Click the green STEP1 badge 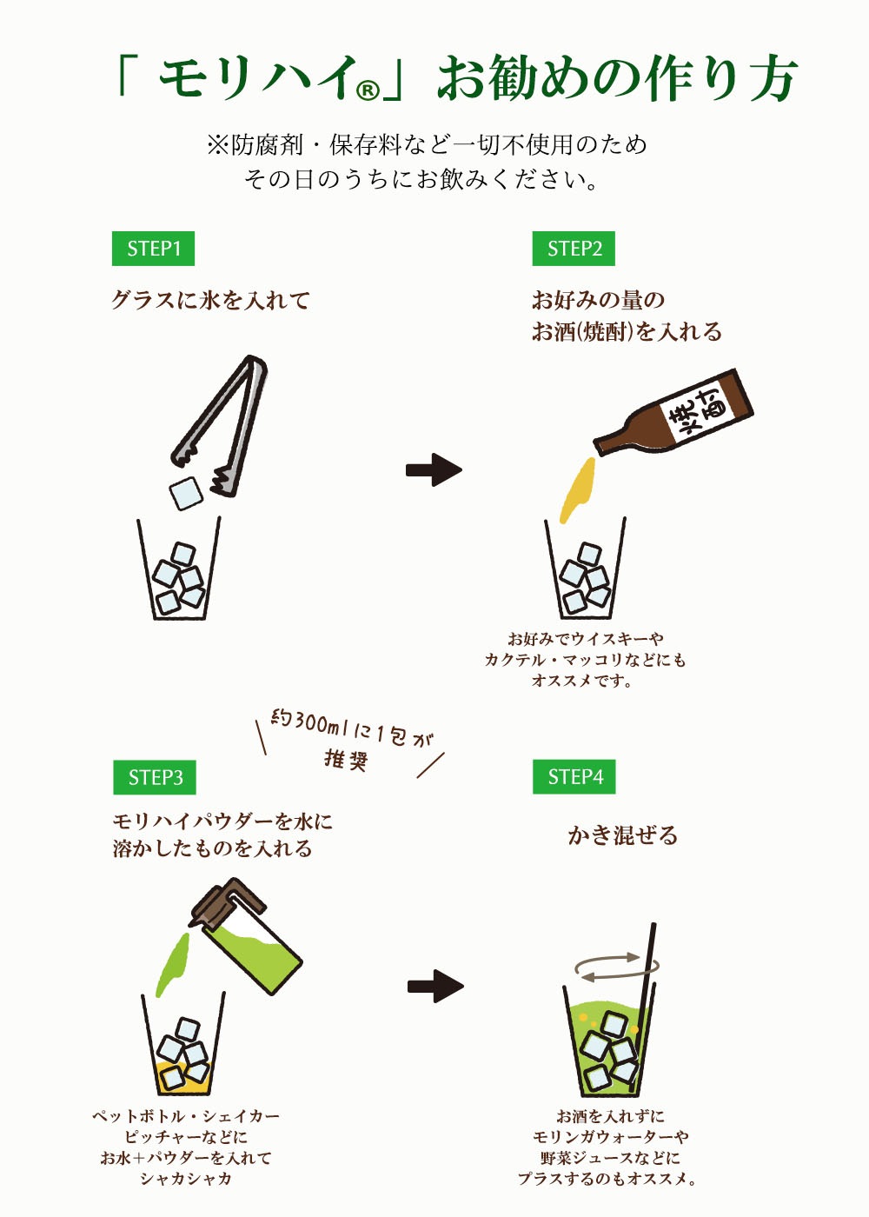tap(153, 249)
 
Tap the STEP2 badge tap(574, 249)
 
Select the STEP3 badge tap(155, 777)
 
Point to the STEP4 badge tap(574, 777)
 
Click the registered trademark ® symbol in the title tap(368, 90)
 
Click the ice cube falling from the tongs tap(186, 493)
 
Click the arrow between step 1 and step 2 tap(434, 470)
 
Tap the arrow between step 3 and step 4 tap(435, 986)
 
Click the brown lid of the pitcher tap(227, 906)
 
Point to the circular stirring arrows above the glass tap(617, 967)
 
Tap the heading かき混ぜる tap(623, 835)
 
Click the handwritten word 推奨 tap(347, 759)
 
